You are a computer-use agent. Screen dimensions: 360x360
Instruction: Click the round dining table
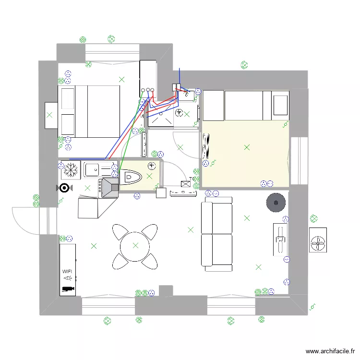(x=135, y=246)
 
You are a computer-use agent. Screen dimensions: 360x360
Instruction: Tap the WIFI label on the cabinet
(x=68, y=271)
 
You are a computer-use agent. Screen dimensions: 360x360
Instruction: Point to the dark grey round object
(x=276, y=203)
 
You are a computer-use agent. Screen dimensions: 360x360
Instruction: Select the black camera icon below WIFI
(x=68, y=288)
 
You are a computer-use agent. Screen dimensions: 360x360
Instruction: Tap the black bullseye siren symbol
(x=64, y=188)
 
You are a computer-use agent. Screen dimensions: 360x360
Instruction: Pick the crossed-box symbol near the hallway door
(x=185, y=183)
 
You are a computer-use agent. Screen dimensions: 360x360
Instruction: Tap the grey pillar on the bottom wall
(x=166, y=290)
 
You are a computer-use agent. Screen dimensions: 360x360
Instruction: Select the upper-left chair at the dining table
(x=121, y=231)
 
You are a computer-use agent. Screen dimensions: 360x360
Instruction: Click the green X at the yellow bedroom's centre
(x=247, y=147)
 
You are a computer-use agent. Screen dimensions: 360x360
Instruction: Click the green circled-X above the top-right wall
(x=244, y=65)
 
